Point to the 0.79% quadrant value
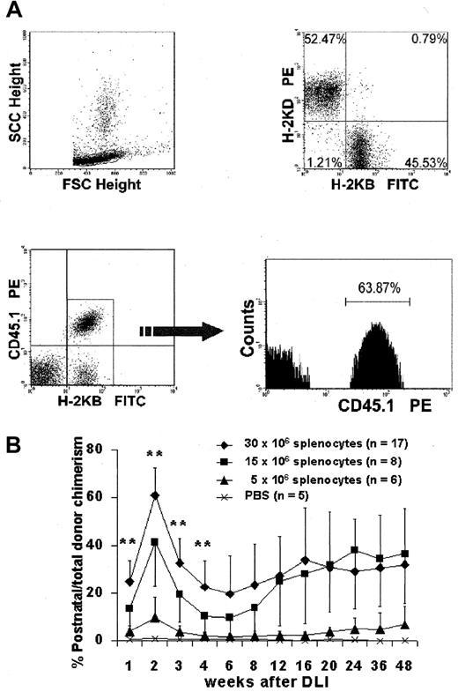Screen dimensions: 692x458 coord(422,40)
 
